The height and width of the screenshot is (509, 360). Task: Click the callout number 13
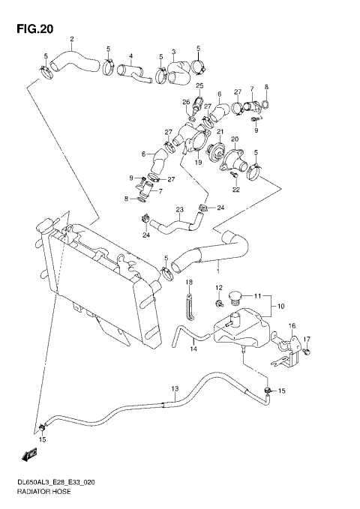pos(175,388)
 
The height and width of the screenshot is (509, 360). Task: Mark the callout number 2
pos(72,39)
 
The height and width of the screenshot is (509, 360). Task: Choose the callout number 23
pos(179,210)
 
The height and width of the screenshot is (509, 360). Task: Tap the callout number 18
pos(189,282)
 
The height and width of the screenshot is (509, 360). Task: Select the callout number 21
pos(220,132)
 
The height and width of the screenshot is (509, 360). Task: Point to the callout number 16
pos(292,326)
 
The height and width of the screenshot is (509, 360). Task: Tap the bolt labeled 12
pos(218,303)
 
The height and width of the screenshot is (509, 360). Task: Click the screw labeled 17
pos(308,349)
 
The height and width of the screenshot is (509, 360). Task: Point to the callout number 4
pos(130,55)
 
